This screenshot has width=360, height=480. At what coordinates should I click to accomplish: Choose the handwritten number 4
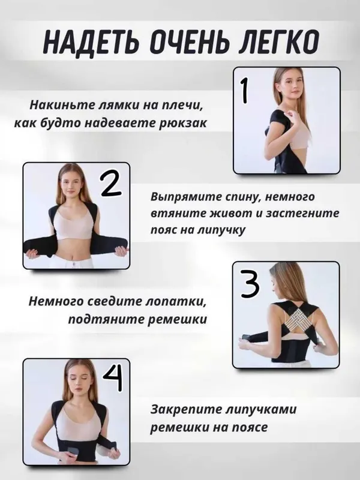pos(113,379)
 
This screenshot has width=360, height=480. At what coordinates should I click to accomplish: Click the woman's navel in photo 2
pos(73,255)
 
